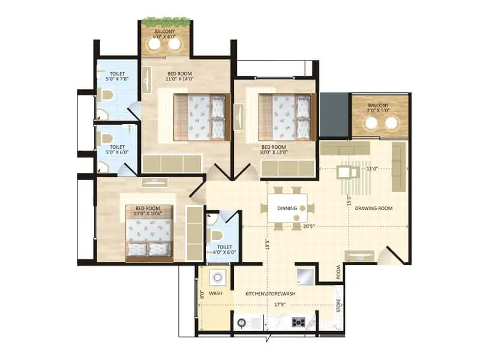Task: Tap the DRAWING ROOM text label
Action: tap(373, 209)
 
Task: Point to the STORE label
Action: tap(338, 305)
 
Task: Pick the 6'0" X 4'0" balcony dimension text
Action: tap(165, 37)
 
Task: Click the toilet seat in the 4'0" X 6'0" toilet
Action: tap(215, 229)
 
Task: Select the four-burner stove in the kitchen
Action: tap(298, 322)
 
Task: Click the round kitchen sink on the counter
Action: tap(242, 323)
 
